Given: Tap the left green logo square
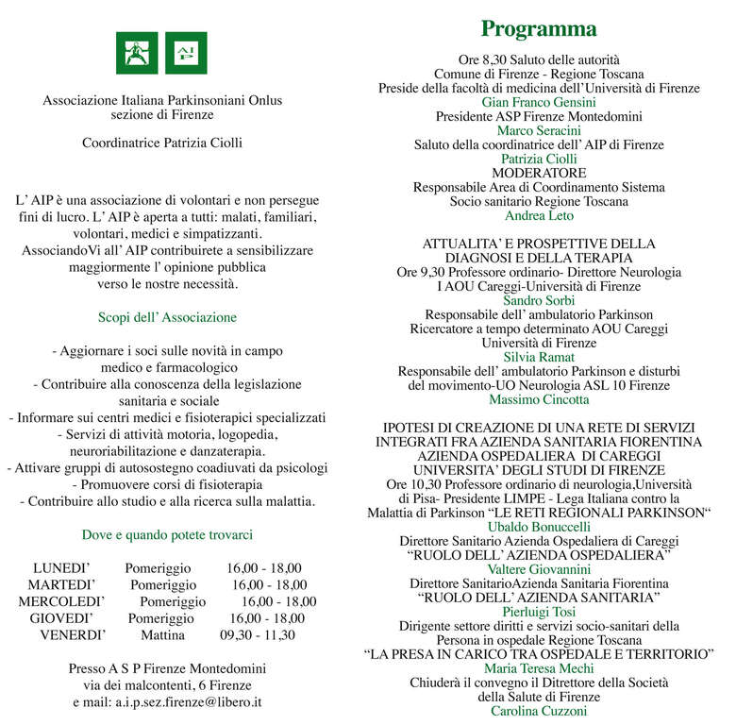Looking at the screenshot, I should click(x=137, y=53).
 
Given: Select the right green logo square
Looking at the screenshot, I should click(x=186, y=53).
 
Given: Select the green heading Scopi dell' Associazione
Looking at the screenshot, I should click(x=167, y=318).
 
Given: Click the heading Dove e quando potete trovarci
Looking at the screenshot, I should click(x=167, y=535).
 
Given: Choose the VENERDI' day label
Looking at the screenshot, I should click(x=73, y=635).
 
